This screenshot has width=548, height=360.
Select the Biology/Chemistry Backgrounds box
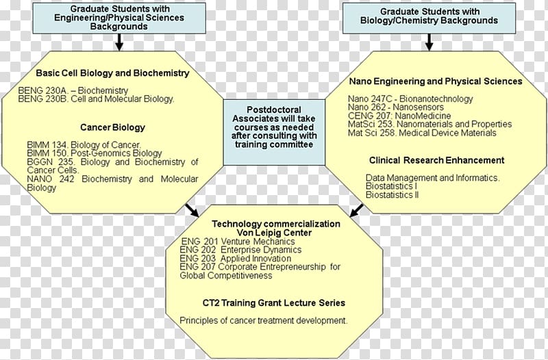point(429,16)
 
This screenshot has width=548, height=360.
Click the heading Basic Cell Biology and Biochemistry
point(112,73)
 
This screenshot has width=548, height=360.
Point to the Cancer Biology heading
point(112,127)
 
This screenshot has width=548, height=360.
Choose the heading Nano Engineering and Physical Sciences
point(436,81)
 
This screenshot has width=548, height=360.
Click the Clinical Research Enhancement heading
point(436,160)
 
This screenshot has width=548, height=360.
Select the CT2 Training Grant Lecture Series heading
point(274,303)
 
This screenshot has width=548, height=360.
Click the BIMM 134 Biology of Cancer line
point(84,145)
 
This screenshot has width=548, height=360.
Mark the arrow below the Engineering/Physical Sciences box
point(119,42)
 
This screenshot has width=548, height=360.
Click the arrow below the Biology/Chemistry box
point(429,42)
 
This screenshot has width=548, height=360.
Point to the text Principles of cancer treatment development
point(264,320)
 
